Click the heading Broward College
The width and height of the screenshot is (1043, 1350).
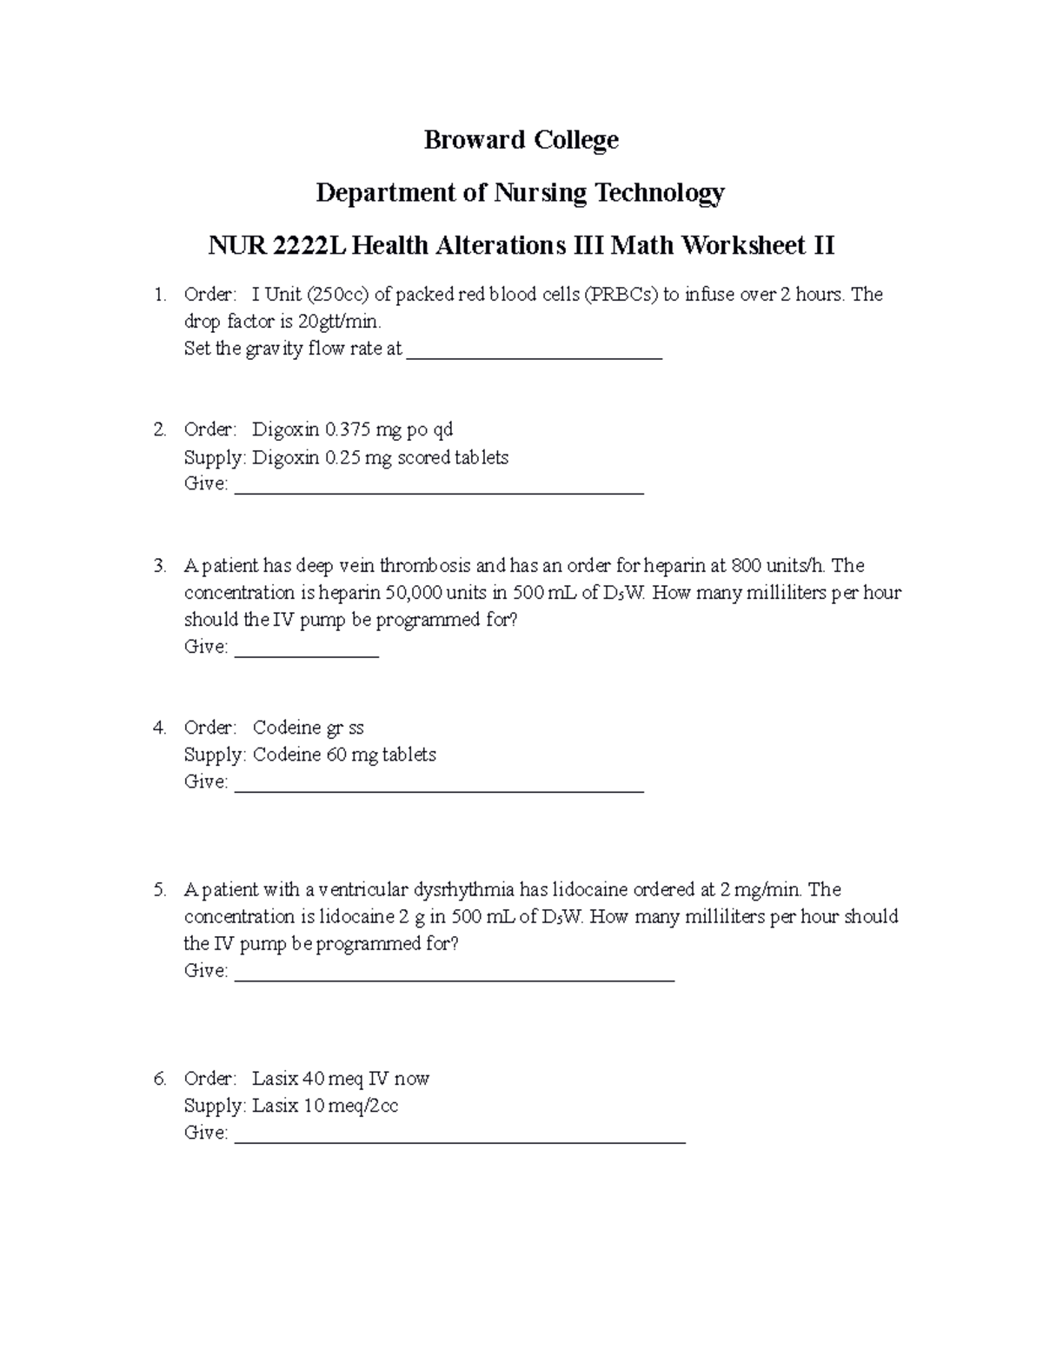[x=521, y=140]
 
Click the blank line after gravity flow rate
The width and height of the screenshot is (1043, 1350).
[x=535, y=351]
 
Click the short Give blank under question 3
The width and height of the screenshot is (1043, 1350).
[x=307, y=649]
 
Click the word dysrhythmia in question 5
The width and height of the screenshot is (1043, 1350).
[x=463, y=889]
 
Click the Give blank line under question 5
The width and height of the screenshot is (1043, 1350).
[x=455, y=974]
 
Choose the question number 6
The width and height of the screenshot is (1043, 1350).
[x=159, y=1079]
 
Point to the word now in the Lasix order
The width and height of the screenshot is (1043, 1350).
[x=412, y=1079]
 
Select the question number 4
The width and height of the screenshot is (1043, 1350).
[x=159, y=728]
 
